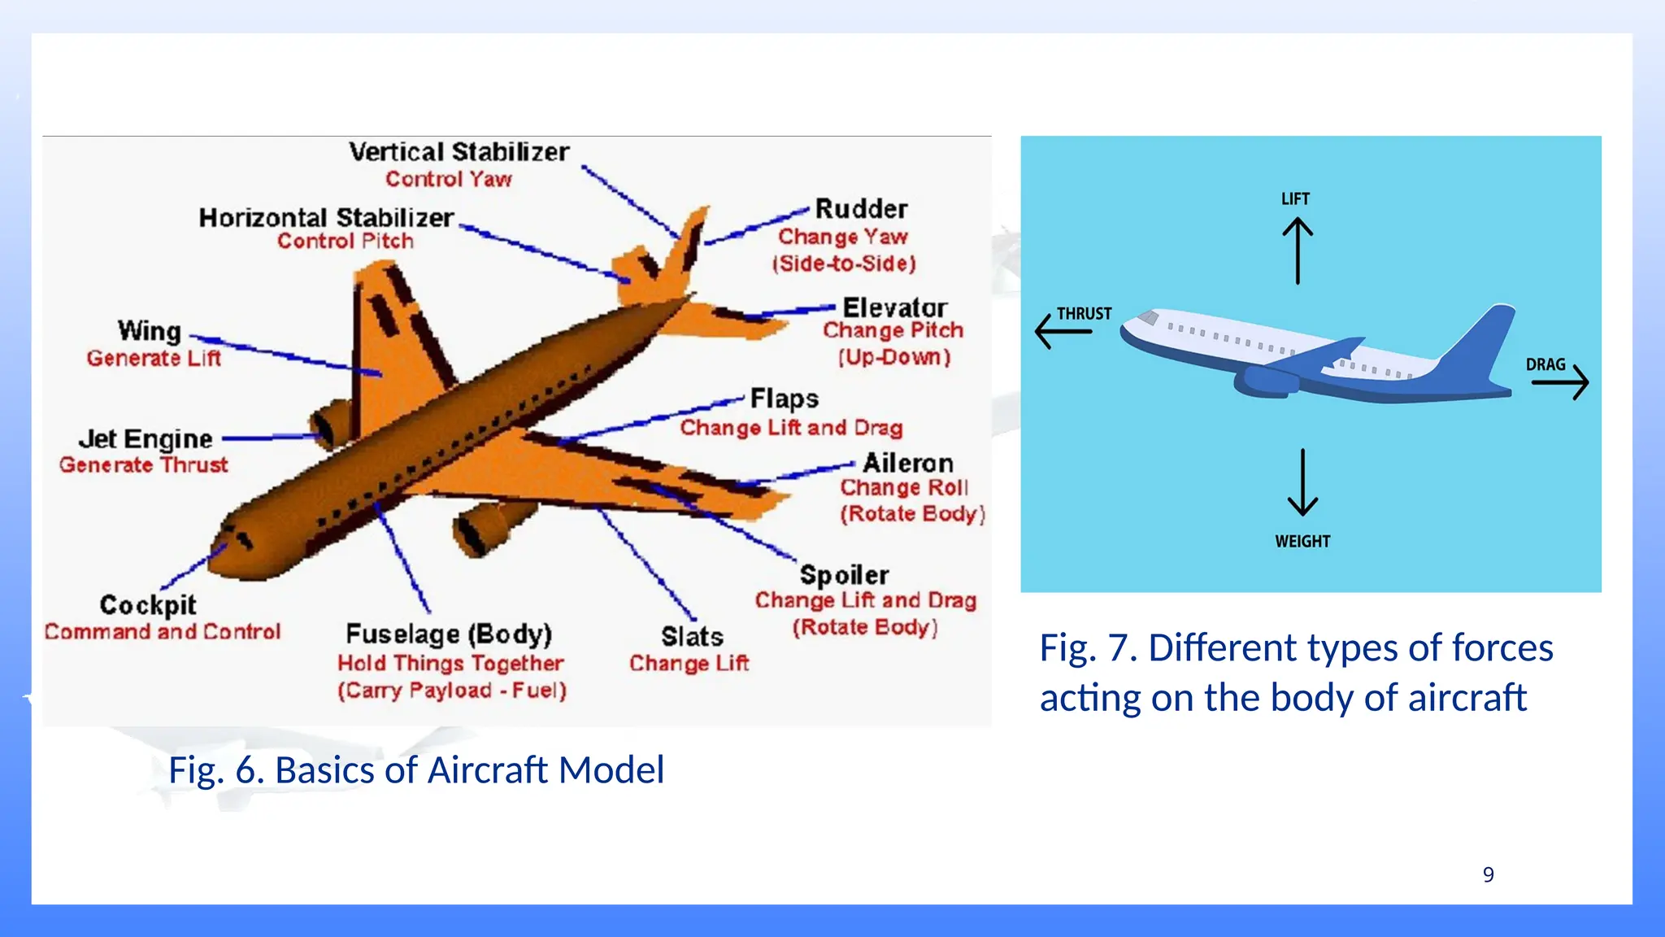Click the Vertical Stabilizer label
(459, 152)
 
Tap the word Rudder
(861, 209)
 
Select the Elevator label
(894, 307)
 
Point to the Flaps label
(784, 399)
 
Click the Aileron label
(907, 463)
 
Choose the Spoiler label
(844, 575)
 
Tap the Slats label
(692, 636)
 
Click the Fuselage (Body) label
(449, 634)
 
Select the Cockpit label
(148, 604)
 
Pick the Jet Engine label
(146, 439)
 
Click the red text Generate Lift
(154, 359)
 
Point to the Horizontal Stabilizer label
(326, 218)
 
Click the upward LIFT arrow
(1298, 251)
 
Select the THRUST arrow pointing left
(1063, 331)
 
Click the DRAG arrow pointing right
(1561, 381)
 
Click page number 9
(1488, 874)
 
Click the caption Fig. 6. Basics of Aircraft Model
(416, 769)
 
